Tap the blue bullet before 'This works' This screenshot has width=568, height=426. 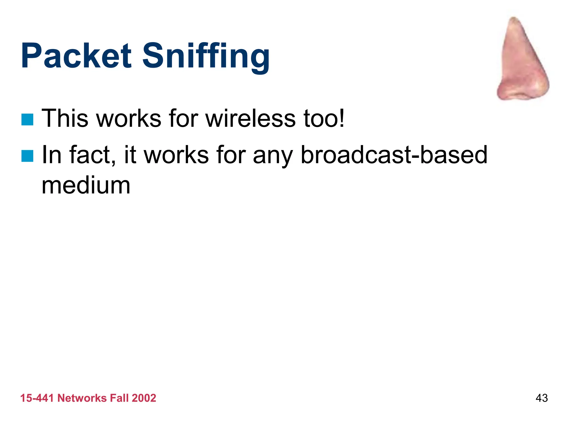[x=27, y=120]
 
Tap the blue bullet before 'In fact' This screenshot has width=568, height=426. [x=27, y=156]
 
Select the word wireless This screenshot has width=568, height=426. [x=250, y=118]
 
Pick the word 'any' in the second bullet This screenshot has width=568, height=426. [x=273, y=156]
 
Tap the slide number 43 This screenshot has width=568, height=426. [x=541, y=398]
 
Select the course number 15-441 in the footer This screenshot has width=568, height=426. [x=37, y=398]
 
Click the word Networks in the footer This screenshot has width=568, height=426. [x=82, y=398]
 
